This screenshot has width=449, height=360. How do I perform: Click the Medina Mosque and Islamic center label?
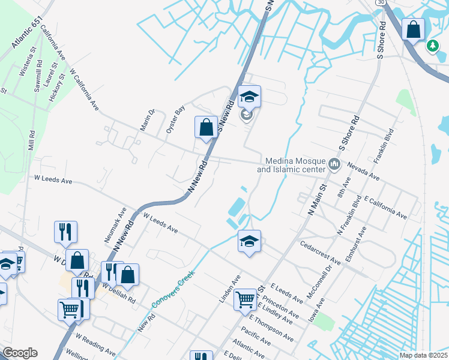pyautogui.click(x=291, y=164)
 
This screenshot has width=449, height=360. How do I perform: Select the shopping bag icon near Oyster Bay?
pyautogui.click(x=206, y=127)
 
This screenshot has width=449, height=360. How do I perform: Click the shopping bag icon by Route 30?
pyautogui.click(x=414, y=29)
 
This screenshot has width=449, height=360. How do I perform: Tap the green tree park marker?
pyautogui.click(x=432, y=46)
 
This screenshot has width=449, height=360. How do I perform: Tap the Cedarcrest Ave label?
pyautogui.click(x=320, y=254)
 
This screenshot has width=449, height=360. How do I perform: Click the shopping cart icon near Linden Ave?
pyautogui.click(x=245, y=298)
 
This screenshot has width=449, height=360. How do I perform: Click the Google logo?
pyautogui.click(x=20, y=353)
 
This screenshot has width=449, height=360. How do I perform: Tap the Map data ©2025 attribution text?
pyautogui.click(x=423, y=355)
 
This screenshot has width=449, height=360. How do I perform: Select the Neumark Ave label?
pyautogui.click(x=115, y=225)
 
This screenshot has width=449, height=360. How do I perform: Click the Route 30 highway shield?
pyautogui.click(x=380, y=3)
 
